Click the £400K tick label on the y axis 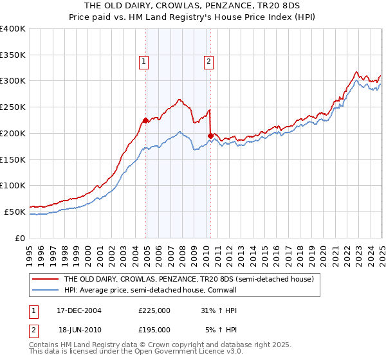click(13, 29)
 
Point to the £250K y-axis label click(13, 107)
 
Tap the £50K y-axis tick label click(15, 212)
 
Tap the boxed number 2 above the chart click(209, 62)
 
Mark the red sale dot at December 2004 click(146, 120)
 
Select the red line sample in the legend click(45, 280)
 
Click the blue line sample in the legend click(45, 290)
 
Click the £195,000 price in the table click(154, 329)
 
